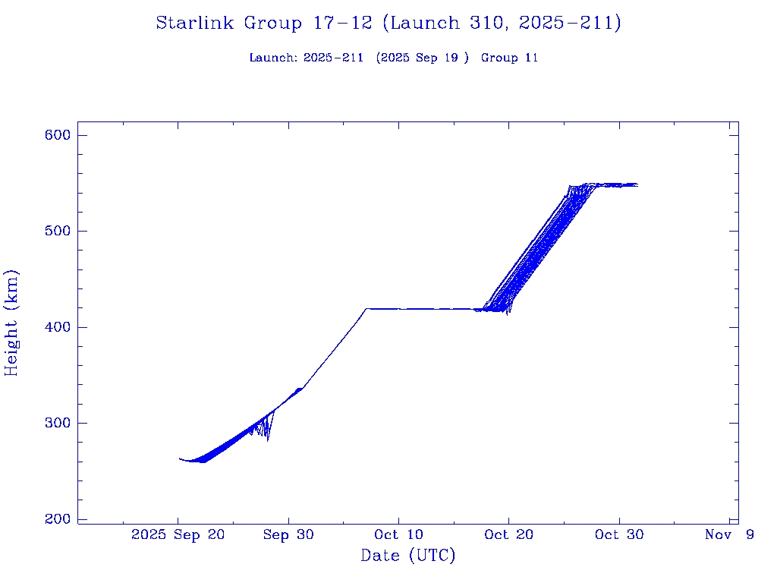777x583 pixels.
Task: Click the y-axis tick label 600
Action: coord(57,135)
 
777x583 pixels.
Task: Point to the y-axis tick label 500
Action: coord(57,231)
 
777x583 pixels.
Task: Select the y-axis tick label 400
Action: coord(57,327)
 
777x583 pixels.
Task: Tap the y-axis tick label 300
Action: coord(57,423)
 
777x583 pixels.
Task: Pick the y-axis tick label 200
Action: coord(57,519)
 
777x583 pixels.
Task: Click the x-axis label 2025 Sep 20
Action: coord(178,535)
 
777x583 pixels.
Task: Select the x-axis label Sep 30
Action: coord(288,535)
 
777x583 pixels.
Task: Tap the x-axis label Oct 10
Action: coord(398,535)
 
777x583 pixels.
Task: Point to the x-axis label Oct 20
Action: coord(508,535)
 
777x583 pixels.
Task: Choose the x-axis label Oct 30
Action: coord(619,535)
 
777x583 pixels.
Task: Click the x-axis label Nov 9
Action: coord(729,535)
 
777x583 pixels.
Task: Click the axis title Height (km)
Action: coord(12,323)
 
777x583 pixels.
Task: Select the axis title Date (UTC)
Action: coord(408,556)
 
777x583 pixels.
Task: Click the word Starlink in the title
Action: coord(196,24)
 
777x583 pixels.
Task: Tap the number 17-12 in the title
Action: coord(341,24)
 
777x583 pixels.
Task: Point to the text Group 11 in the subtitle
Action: coord(509,58)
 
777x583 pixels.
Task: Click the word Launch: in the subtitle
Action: coord(273,58)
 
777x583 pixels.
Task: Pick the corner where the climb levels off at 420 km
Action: coord(366,309)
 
